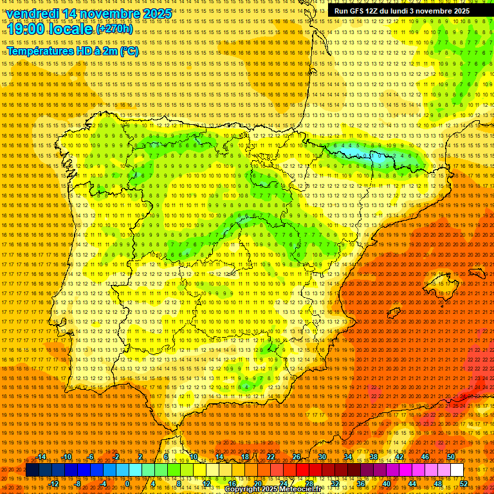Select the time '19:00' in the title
click(x=26, y=30)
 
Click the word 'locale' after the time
click(x=72, y=30)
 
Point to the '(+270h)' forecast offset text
click(x=114, y=29)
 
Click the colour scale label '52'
click(x=464, y=484)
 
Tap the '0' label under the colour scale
click(x=127, y=484)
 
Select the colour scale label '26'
click(x=297, y=457)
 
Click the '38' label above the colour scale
click(x=374, y=457)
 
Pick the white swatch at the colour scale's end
click(x=457, y=470)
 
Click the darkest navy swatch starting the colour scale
click(x=32, y=470)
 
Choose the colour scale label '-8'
click(x=78, y=484)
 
